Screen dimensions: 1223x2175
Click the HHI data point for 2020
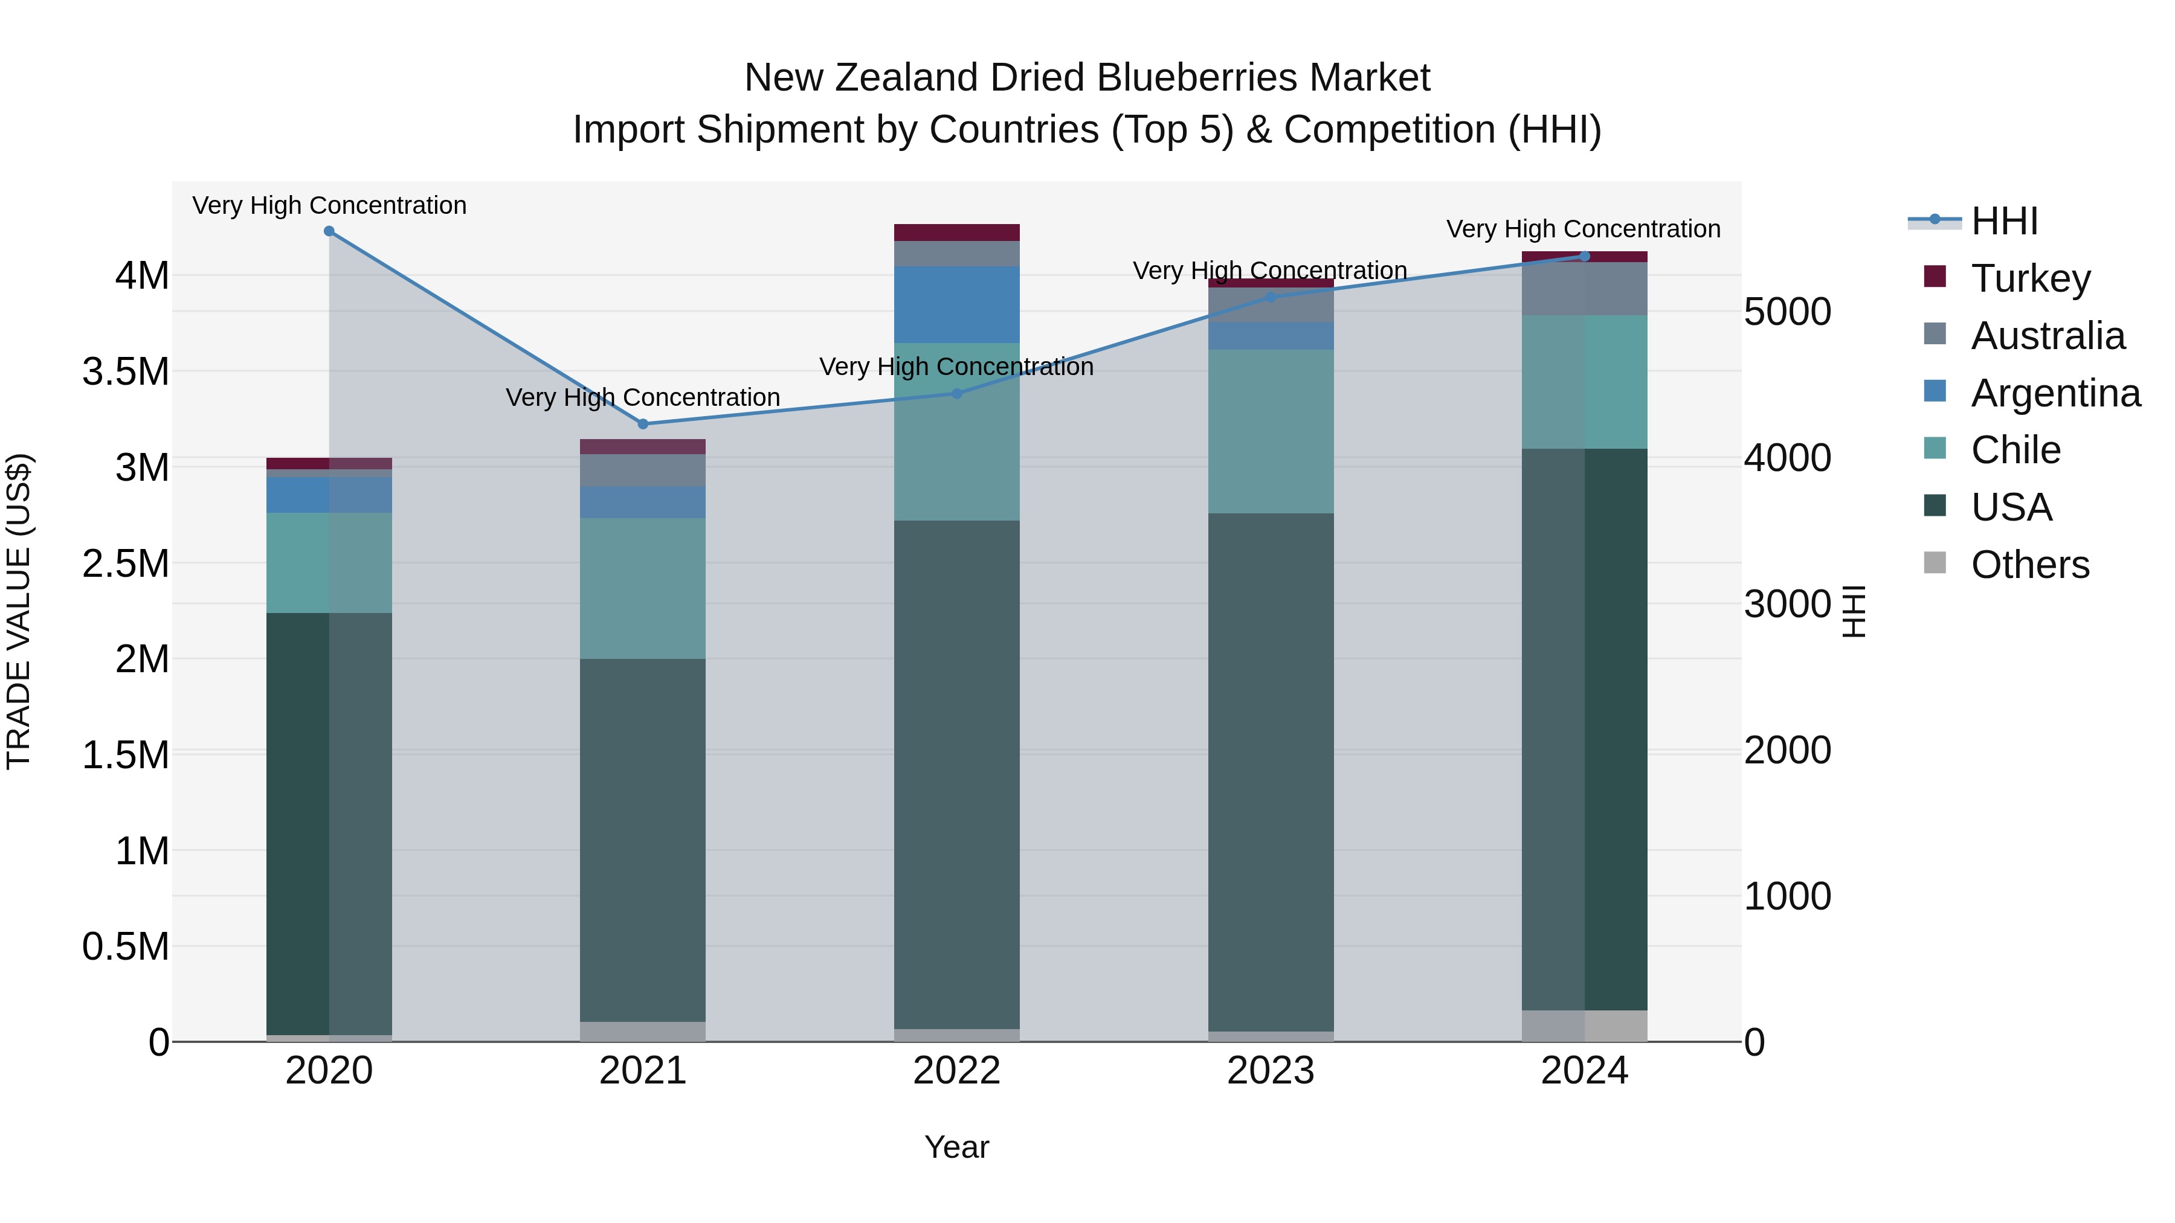(x=329, y=231)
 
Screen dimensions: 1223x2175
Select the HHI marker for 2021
(x=643, y=424)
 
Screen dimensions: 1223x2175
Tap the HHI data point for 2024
(x=1584, y=257)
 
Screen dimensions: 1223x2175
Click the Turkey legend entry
(x=2030, y=278)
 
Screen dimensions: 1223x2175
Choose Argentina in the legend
(x=2055, y=393)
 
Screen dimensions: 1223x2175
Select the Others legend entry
(x=2030, y=565)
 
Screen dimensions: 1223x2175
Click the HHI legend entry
(x=2003, y=221)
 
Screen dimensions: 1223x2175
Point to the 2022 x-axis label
(x=956, y=1071)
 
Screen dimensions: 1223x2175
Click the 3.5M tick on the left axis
(x=126, y=371)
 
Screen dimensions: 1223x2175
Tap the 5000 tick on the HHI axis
(x=1788, y=312)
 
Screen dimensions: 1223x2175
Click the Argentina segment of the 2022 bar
(x=956, y=305)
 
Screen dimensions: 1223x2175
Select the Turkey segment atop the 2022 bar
(x=956, y=232)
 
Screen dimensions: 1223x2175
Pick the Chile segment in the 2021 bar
(x=643, y=588)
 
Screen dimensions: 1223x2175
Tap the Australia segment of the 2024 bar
(x=1584, y=289)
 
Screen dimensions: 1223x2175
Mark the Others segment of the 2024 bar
(x=1584, y=1026)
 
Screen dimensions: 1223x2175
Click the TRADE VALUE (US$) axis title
(x=19, y=611)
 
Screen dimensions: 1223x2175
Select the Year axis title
(x=956, y=1147)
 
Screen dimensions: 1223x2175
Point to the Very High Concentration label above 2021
(x=643, y=397)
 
